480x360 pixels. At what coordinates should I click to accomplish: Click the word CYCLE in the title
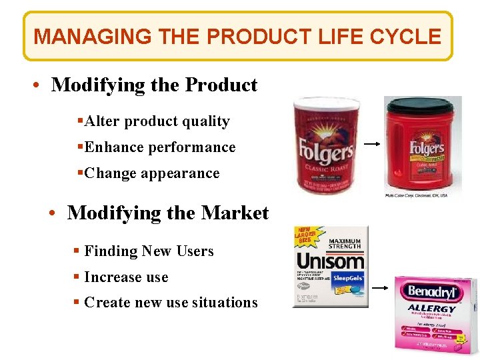coord(409,36)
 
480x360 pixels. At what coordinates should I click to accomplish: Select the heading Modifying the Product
coord(154,85)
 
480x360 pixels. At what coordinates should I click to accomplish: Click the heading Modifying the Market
coord(168,213)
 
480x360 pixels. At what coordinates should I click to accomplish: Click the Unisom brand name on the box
coord(329,261)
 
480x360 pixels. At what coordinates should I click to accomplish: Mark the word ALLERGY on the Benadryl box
coord(432,309)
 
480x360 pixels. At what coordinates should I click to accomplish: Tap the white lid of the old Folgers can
coord(327,105)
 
